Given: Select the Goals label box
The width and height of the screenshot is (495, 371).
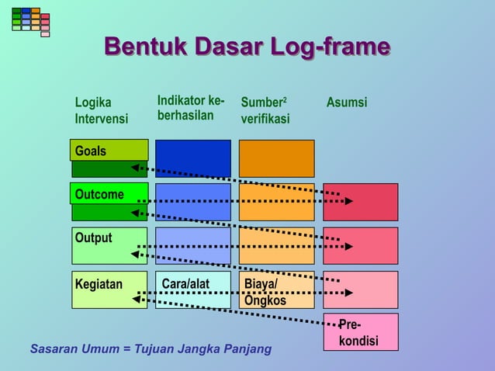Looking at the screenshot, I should [109, 151].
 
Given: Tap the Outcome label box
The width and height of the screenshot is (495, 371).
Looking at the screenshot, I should [109, 194].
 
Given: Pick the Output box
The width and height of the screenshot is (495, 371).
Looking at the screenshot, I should [109, 245].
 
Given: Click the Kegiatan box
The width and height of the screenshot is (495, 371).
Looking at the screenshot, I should [109, 290].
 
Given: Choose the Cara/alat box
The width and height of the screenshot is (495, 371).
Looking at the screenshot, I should [192, 290].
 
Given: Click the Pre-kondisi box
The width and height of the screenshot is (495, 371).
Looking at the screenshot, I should [360, 332].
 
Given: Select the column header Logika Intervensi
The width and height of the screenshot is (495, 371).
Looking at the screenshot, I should [101, 111].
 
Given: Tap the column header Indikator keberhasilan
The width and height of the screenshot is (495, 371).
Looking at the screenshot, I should [191, 109].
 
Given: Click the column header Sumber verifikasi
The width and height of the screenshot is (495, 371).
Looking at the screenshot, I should [265, 111].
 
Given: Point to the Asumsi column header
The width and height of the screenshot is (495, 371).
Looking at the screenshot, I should [347, 102].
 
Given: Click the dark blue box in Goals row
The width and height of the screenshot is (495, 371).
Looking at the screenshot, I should [192, 158].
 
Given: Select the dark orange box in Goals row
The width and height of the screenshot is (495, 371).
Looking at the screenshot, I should [276, 158].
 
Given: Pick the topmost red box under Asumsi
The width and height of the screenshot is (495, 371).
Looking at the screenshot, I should [360, 202].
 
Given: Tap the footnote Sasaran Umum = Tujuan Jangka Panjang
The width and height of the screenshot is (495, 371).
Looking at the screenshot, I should [151, 348].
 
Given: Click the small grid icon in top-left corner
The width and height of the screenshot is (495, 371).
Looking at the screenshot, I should [30, 20].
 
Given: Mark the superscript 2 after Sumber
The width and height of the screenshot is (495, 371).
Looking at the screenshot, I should [284, 99].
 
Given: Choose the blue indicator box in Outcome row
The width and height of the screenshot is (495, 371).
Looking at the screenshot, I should [192, 202].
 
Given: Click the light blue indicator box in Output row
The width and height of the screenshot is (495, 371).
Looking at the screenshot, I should [192, 245].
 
